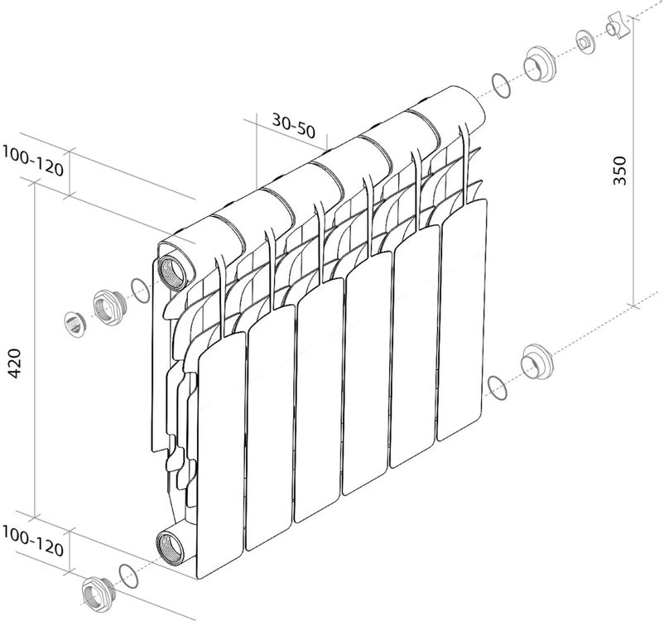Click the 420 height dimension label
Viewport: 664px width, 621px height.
[15, 363]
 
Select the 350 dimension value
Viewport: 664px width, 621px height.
[619, 171]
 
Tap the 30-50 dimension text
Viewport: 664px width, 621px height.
[294, 126]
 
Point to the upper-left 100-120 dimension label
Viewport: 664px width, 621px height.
[33, 161]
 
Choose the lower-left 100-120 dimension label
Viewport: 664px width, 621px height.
[33, 541]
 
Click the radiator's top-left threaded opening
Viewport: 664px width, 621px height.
[171, 272]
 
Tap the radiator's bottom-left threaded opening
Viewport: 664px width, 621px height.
[171, 546]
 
